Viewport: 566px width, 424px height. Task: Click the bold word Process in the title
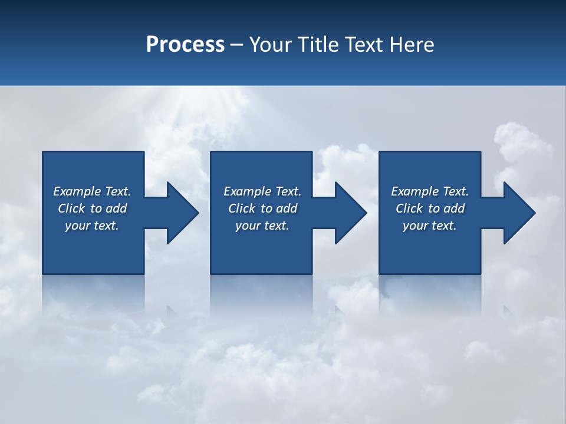point(185,45)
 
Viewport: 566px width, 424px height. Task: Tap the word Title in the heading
point(318,45)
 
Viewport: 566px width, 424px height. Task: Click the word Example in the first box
point(77,191)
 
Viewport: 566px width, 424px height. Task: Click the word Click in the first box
point(71,208)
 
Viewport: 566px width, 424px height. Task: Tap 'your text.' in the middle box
point(262,226)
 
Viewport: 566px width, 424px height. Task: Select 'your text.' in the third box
point(429,226)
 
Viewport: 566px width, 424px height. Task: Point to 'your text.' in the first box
point(91,226)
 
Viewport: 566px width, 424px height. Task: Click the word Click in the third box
point(409,208)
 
